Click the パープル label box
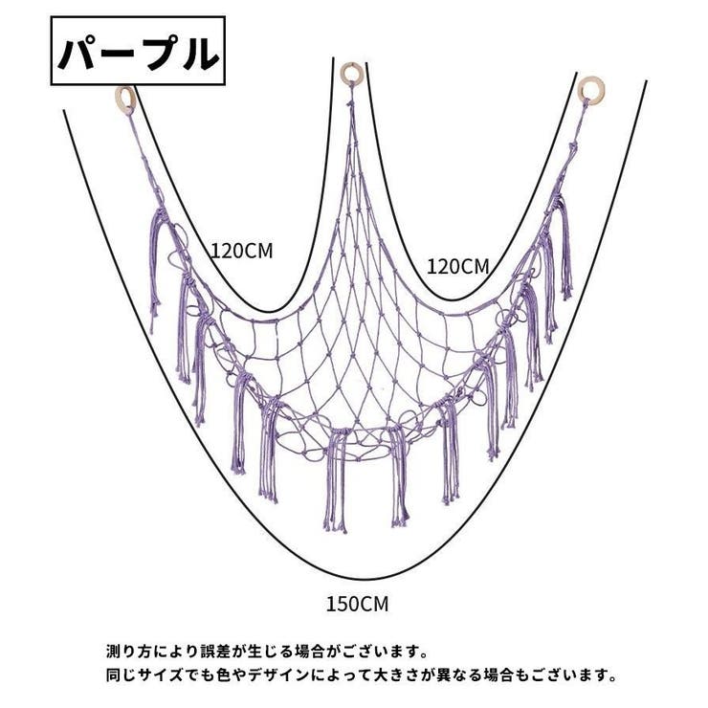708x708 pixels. (138, 51)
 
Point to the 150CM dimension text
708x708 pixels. (357, 604)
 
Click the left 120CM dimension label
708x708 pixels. (242, 251)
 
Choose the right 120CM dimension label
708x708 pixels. (458, 266)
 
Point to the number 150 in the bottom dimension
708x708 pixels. (343, 604)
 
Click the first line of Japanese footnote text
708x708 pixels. (267, 652)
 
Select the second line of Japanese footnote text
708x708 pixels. (362, 675)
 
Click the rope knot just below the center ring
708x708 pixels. (350, 103)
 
